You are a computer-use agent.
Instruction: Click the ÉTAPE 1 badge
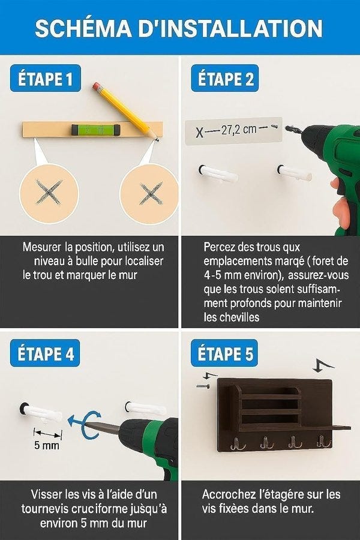pos(46,78)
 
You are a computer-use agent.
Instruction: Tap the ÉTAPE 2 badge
pos(225,78)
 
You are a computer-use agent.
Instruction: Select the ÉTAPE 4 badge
pos(45,353)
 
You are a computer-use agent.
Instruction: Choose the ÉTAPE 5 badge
pos(224,353)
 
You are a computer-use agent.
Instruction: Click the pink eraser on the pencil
pos(97,86)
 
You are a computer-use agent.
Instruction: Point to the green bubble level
pos(96,130)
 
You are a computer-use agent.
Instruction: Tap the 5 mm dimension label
pos(47,445)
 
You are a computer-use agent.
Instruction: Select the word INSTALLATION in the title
pos(230,28)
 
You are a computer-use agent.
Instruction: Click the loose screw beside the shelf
pos(203,386)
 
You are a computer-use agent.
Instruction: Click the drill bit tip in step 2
pos(286,128)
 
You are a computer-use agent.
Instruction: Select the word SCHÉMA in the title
pos(83,28)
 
